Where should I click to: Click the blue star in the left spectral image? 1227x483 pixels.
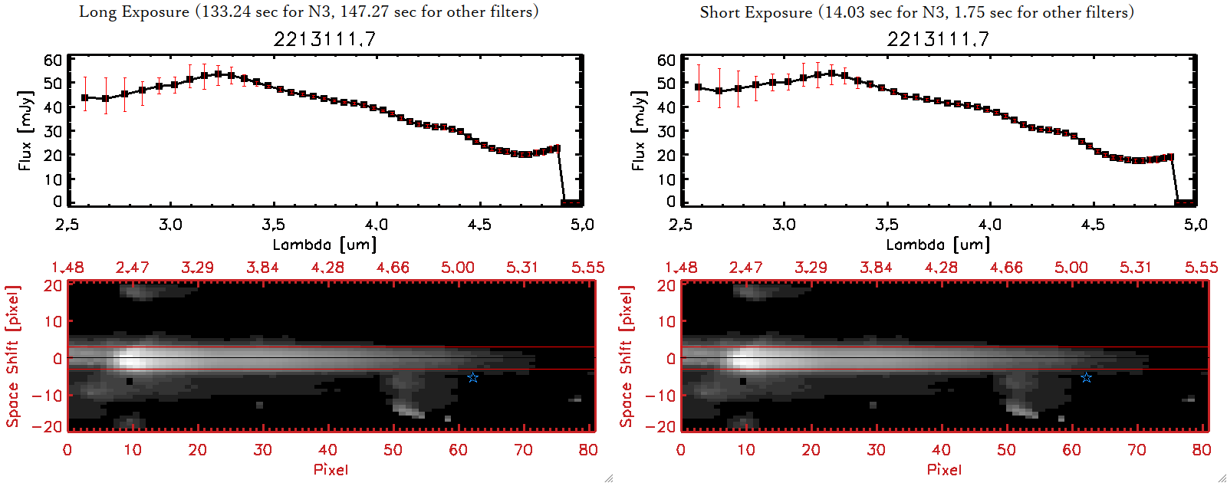[472, 377]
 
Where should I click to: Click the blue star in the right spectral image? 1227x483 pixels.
[1086, 377]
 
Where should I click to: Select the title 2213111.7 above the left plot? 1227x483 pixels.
[324, 39]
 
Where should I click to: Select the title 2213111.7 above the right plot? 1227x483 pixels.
[938, 39]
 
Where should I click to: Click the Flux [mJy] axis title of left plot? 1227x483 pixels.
[25, 130]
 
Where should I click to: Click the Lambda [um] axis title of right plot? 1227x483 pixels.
[938, 245]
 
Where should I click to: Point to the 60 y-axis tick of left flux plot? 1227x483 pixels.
[53, 60]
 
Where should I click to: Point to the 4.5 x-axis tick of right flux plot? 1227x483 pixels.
[1093, 225]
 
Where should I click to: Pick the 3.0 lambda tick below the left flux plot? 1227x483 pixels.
[170, 225]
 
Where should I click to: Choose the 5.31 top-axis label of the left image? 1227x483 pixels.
[522, 268]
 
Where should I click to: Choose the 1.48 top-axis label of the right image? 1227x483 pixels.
[681, 268]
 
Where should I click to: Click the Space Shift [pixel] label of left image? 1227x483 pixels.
[12, 356]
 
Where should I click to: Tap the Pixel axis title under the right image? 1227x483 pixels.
[944, 469]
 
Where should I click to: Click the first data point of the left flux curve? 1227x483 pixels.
[85, 98]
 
